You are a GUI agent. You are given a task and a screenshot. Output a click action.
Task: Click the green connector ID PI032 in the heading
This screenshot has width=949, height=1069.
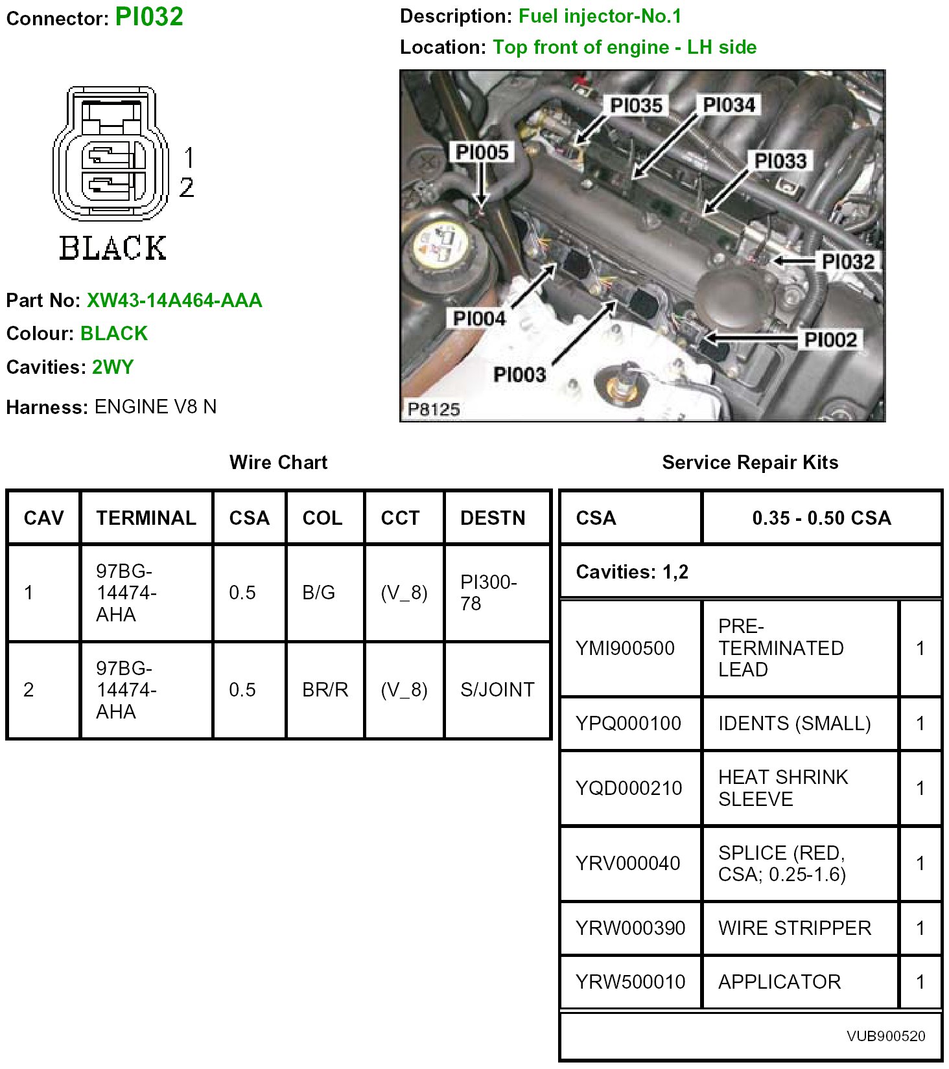[x=149, y=17]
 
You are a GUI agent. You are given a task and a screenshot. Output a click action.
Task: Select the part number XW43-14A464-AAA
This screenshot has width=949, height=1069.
[x=174, y=301]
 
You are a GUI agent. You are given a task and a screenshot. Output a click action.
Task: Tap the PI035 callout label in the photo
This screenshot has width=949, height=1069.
[x=636, y=105]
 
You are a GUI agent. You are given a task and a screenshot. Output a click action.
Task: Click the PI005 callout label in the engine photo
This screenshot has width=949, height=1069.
[x=482, y=152]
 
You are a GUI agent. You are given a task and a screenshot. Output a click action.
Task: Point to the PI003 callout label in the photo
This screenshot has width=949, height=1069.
[x=519, y=374]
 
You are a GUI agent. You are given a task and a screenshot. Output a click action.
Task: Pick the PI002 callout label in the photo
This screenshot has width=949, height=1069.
[x=830, y=339]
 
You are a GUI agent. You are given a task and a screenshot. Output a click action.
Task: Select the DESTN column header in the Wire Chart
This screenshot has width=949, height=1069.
[x=493, y=518]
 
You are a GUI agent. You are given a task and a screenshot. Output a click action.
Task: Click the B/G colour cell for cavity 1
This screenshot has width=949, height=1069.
[x=319, y=593]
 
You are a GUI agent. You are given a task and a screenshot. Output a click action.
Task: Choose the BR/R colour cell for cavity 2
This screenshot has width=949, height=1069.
[x=325, y=690]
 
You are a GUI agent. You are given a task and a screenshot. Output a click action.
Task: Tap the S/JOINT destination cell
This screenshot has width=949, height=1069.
[x=497, y=690]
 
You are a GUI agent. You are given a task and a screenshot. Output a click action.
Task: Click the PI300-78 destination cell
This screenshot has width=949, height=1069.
[x=488, y=593]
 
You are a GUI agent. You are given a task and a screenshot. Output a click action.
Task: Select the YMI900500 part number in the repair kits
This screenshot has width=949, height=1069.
[x=625, y=648]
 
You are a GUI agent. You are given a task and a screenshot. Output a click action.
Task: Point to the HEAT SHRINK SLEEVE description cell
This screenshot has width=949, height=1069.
[x=782, y=788]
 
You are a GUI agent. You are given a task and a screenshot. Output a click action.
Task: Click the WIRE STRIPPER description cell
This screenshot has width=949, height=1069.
[x=794, y=928]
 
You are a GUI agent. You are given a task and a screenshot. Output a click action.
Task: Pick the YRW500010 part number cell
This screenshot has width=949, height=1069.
[x=630, y=982]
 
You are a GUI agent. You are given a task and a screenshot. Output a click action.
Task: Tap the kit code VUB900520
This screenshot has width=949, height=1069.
[x=885, y=1036]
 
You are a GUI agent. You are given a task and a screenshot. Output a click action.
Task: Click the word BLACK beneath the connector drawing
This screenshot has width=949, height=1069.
[x=113, y=248]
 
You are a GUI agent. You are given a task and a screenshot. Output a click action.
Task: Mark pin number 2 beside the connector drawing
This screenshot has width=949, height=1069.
[x=187, y=188]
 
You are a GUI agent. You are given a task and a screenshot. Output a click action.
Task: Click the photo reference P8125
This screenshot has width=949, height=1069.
[x=433, y=409]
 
